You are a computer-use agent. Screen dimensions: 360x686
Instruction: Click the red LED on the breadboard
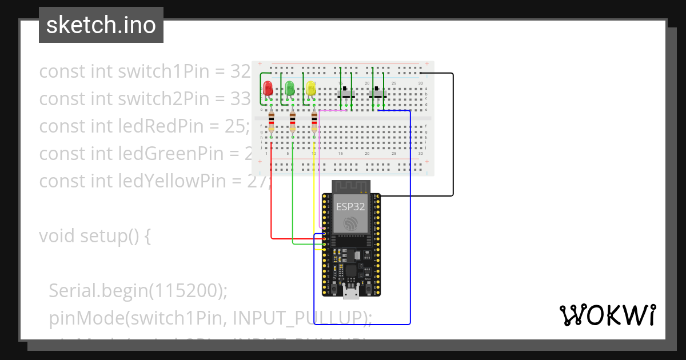click(268, 89)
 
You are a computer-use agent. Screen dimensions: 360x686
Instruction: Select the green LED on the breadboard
click(290, 89)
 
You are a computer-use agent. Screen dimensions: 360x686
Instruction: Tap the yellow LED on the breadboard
click(311, 89)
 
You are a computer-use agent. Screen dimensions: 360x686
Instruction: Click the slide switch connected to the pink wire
click(346, 93)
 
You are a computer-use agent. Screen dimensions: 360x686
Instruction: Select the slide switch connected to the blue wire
click(378, 93)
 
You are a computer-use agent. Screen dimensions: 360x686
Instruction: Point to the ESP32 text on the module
click(350, 207)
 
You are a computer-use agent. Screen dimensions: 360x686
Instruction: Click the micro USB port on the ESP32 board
click(350, 293)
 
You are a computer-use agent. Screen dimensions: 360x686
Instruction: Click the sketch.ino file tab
click(101, 25)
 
